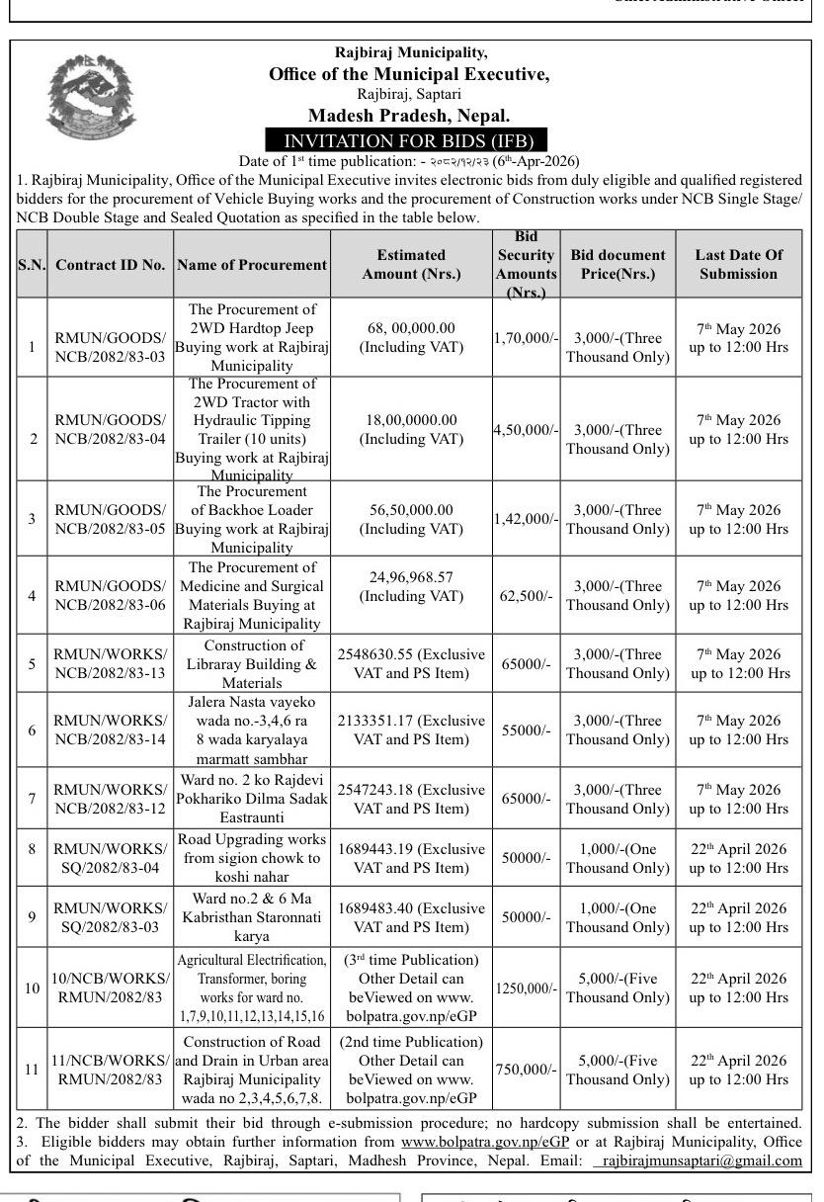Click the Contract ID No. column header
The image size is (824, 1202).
110,264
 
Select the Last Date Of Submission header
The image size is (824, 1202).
738,264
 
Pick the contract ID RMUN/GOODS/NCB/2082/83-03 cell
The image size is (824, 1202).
110,347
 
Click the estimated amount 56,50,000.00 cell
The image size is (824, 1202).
411,519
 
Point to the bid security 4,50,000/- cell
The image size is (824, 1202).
527,429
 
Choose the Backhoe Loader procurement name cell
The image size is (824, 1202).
252,519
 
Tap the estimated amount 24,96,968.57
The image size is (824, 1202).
411,586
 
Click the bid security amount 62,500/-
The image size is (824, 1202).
527,596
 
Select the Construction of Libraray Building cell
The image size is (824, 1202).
252,663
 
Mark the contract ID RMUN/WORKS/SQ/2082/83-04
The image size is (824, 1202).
110,858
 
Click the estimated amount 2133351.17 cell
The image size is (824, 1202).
411,730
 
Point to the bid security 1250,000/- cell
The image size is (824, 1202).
527,987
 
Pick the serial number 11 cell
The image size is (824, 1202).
32,1070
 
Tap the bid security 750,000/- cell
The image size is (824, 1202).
527,1070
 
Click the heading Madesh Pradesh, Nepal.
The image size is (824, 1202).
408,116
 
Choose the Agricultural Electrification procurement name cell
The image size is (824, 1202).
252,987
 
